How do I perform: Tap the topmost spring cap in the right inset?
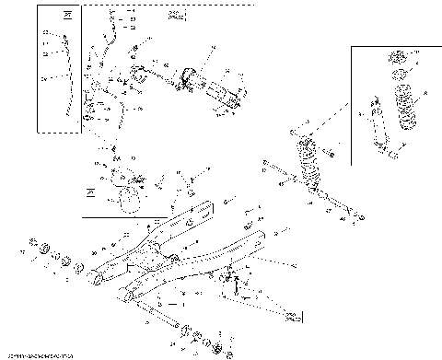point(400,55)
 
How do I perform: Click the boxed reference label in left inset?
point(66,16)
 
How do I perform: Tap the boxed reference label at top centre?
point(177,16)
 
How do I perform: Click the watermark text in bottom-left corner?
point(39,354)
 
